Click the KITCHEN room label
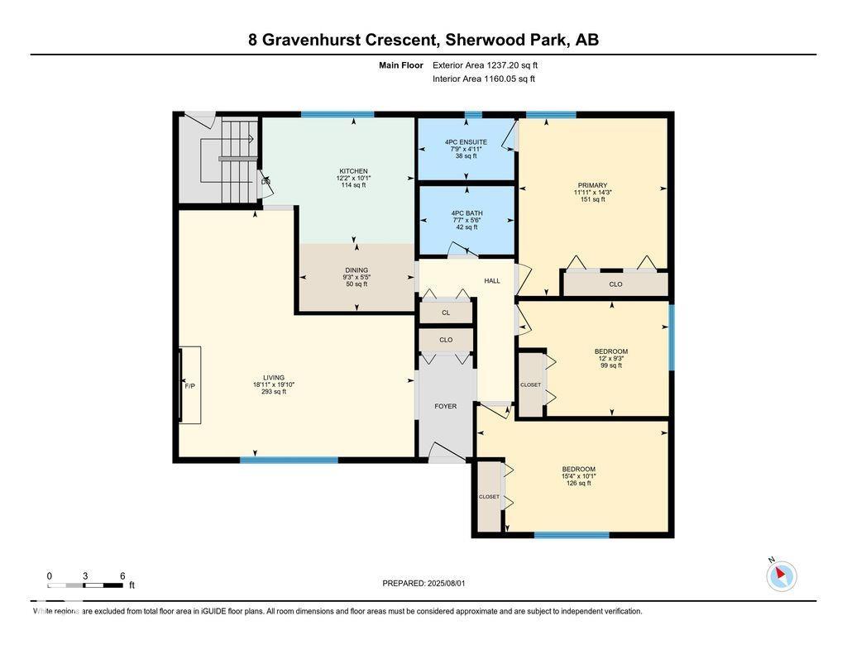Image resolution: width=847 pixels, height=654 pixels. [x=354, y=171]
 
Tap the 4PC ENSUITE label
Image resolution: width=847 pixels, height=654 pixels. [x=466, y=142]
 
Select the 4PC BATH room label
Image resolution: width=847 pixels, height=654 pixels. [x=467, y=213]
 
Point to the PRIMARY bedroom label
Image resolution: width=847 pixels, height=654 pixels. [x=592, y=185]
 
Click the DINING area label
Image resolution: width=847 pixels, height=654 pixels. [x=357, y=270]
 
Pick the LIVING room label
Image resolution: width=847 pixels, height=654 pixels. [x=273, y=378]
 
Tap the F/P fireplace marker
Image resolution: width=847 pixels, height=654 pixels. [x=189, y=386]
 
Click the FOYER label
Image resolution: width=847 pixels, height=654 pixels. [x=446, y=406]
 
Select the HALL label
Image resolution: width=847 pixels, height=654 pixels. [x=492, y=281]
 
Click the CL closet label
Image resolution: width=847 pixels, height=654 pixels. [x=446, y=313]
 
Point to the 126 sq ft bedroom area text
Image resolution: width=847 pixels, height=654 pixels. [x=578, y=484]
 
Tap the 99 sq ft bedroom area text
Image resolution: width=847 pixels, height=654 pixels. [x=611, y=365]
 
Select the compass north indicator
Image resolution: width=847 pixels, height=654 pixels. [x=781, y=575]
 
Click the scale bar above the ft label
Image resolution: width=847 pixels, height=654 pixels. [x=85, y=585]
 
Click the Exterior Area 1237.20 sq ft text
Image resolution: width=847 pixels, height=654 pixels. [x=485, y=65]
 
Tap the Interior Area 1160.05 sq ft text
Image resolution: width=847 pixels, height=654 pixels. [x=484, y=79]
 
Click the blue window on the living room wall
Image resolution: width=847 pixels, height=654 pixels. [x=289, y=461]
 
